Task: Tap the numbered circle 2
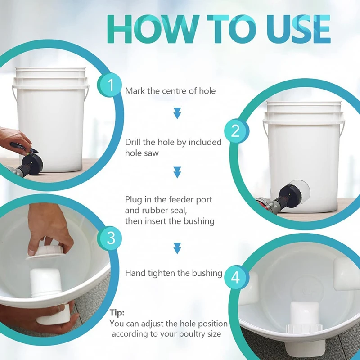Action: point(235,131)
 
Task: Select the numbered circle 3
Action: point(111,238)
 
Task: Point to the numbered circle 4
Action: point(235,277)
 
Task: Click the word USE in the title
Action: point(298,29)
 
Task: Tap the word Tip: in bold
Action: point(117,313)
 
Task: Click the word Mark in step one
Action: point(135,91)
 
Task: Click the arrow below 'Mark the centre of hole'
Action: point(177,113)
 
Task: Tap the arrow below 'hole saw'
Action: point(177,172)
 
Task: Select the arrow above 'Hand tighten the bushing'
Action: point(177,248)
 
